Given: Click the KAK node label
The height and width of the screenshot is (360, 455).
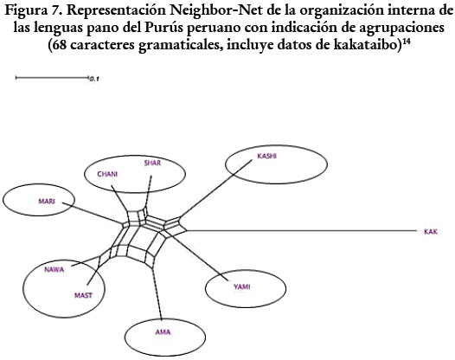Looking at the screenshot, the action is point(431,232).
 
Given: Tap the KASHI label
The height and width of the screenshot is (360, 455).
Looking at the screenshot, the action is point(266,156).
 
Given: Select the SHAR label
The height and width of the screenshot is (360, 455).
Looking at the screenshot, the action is point(152,163).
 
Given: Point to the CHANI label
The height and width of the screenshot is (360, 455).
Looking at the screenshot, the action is point(107,174).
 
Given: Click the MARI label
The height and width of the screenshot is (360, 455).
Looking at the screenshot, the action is point(47,201).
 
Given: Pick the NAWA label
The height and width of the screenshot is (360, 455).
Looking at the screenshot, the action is point(54,270).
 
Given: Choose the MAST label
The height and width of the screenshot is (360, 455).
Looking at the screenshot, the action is point(83,296).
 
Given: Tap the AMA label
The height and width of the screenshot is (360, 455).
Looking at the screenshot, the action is point(163,332).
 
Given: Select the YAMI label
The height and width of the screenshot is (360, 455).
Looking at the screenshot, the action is point(242,287).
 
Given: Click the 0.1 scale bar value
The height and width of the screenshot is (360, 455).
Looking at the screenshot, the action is point(94,79).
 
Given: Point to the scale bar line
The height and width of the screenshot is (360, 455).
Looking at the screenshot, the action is point(52,78).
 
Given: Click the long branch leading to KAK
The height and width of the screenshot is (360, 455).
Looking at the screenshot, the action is point(301,231).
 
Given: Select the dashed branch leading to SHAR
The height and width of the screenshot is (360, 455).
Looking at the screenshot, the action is point(148,191).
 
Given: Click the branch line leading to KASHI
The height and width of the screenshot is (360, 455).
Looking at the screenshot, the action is point(216,189).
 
